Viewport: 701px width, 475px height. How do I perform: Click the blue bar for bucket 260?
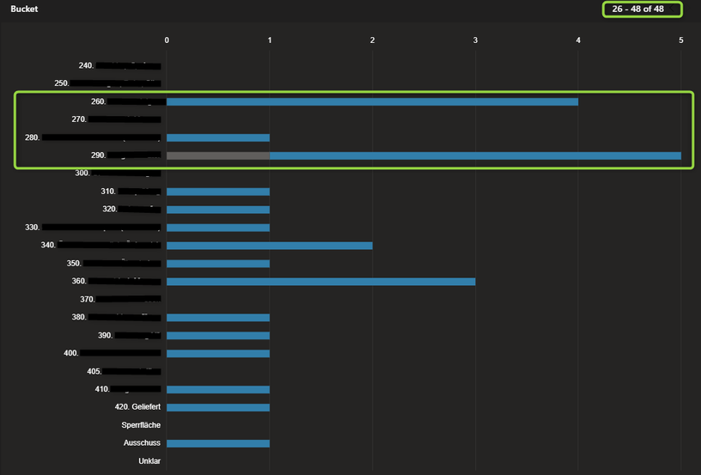372,101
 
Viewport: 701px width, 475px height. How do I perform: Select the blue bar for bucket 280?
218,137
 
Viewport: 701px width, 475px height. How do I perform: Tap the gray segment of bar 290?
218,155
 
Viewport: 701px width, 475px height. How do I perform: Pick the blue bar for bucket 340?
270,246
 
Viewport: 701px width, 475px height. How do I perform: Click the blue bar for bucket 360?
320,282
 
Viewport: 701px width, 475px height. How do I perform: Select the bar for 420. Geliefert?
218,407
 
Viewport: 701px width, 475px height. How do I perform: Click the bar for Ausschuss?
218,443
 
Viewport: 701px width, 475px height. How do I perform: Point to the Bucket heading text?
24,9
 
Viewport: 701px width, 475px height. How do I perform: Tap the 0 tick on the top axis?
167,40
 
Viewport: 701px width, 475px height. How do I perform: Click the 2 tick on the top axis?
372,40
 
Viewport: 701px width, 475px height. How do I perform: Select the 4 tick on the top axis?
578,40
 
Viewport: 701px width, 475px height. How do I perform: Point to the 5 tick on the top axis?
681,40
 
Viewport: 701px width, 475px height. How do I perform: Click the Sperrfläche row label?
141,425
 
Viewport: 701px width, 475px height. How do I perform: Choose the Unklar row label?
149,461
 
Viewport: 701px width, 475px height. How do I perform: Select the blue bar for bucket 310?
218,192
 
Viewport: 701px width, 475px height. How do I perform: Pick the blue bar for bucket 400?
218,354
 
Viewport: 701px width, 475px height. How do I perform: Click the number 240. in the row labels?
86,65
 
